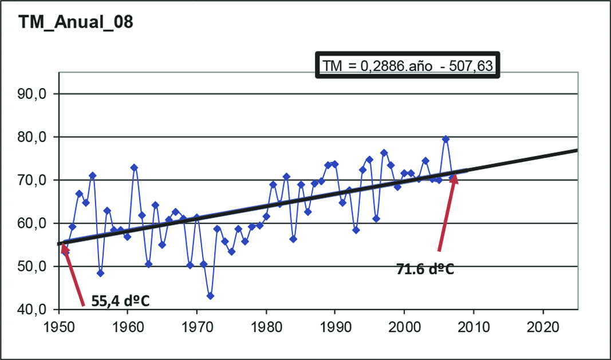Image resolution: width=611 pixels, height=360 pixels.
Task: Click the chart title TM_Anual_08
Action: point(76,22)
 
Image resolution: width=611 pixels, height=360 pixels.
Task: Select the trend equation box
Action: point(408,66)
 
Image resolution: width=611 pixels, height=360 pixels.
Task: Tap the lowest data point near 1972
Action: point(210,296)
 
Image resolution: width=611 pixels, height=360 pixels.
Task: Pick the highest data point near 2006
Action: point(446,139)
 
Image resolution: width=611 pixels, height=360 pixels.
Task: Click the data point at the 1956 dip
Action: point(100,273)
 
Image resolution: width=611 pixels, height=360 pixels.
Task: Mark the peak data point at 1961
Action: point(134,168)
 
